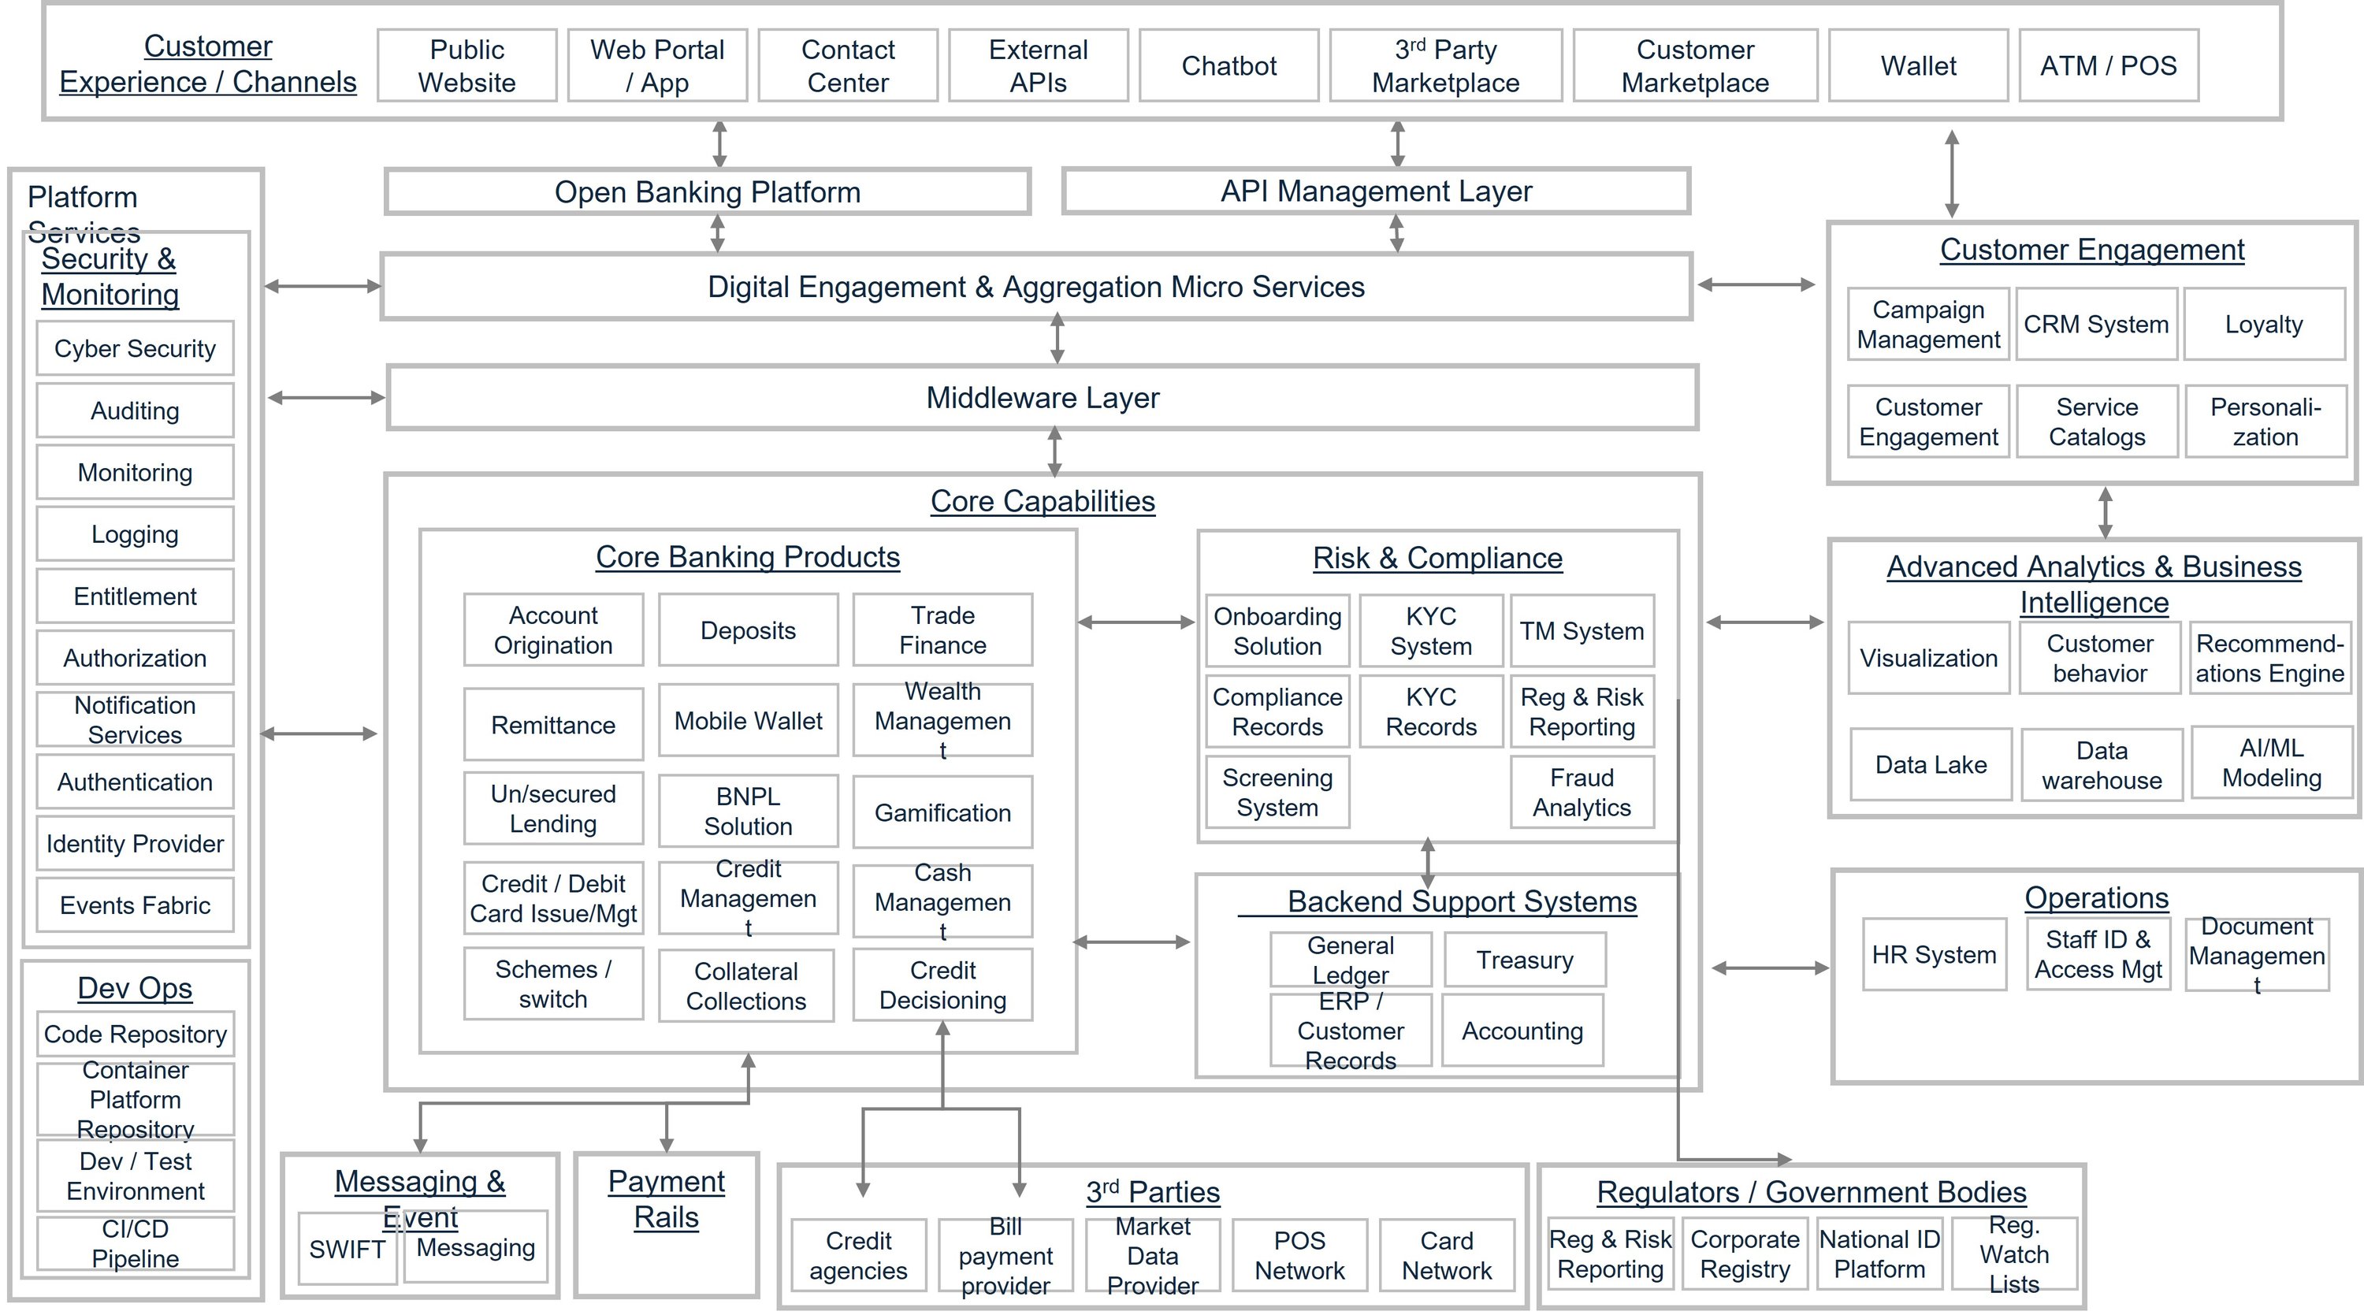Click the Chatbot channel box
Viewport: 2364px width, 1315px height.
(x=1228, y=65)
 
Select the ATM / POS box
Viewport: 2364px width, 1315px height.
(x=2108, y=65)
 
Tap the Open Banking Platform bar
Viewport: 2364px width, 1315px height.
(x=707, y=191)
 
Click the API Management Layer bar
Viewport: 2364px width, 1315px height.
(x=1376, y=191)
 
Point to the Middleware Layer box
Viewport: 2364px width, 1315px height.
(x=1042, y=397)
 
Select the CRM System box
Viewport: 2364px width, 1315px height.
(x=2096, y=324)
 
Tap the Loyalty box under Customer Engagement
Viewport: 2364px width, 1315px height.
(x=2263, y=324)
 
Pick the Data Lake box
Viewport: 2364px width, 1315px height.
(x=1930, y=764)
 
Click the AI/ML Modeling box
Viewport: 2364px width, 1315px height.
(x=2270, y=763)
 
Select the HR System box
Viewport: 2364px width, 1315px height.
(x=1934, y=954)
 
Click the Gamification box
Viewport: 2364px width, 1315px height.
(x=942, y=812)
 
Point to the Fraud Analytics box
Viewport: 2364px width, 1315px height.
(x=1582, y=792)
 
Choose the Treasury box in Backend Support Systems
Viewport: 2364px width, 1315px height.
(x=1524, y=960)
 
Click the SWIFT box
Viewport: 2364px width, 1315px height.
(x=347, y=1249)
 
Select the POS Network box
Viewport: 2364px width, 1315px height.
(x=1299, y=1254)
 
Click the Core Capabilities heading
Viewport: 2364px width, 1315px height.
(x=1042, y=501)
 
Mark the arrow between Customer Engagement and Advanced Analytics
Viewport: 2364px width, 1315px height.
(x=2106, y=512)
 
